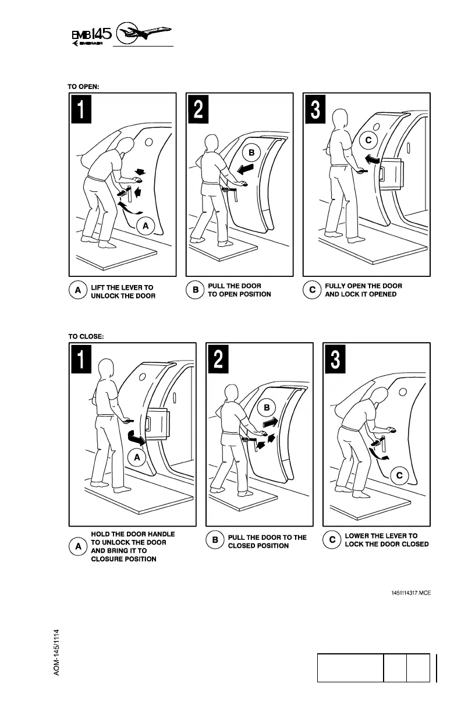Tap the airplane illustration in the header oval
145,33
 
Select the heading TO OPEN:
84,86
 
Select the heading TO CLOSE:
86,336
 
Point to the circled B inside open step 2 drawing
251,153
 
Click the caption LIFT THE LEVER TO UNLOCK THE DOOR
123,291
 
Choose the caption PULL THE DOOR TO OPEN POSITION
239,290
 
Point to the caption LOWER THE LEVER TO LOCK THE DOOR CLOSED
386,540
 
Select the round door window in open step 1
149,141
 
